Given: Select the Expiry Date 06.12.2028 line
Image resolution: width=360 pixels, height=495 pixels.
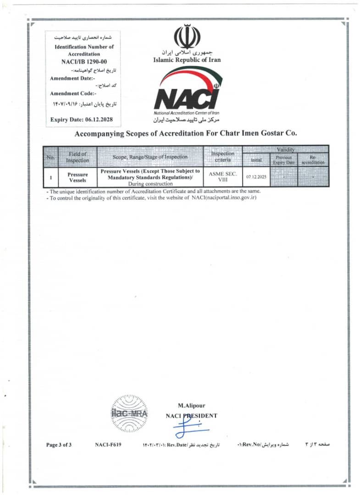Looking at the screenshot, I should tap(81, 120).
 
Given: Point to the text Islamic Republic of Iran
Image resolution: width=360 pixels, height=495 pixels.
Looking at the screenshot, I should tap(187, 60).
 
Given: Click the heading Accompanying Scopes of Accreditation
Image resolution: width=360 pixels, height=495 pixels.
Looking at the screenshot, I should tap(186, 133).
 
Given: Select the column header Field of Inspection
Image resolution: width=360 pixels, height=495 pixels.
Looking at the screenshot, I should tap(78, 157).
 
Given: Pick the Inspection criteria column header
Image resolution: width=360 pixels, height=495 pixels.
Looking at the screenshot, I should tap(222, 157).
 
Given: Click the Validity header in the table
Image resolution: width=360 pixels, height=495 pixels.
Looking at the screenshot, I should tap(285, 149).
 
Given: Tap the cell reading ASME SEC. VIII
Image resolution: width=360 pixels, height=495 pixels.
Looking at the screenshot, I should tap(222, 176).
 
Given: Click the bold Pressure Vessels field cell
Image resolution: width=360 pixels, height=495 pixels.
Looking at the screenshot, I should tap(78, 177).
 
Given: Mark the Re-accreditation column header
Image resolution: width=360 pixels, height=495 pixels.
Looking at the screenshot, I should tap(313, 160).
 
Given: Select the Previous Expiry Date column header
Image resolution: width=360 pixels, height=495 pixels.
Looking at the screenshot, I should tap(284, 160).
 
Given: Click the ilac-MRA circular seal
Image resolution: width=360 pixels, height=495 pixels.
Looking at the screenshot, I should tap(129, 413).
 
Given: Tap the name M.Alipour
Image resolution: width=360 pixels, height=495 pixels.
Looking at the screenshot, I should tap(191, 405).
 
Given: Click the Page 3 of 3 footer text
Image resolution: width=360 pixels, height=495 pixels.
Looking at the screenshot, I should tap(59, 445).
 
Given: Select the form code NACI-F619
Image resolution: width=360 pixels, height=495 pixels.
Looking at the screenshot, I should tap(108, 445).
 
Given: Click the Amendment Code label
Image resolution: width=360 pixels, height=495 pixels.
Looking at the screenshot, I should tap(73, 93).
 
